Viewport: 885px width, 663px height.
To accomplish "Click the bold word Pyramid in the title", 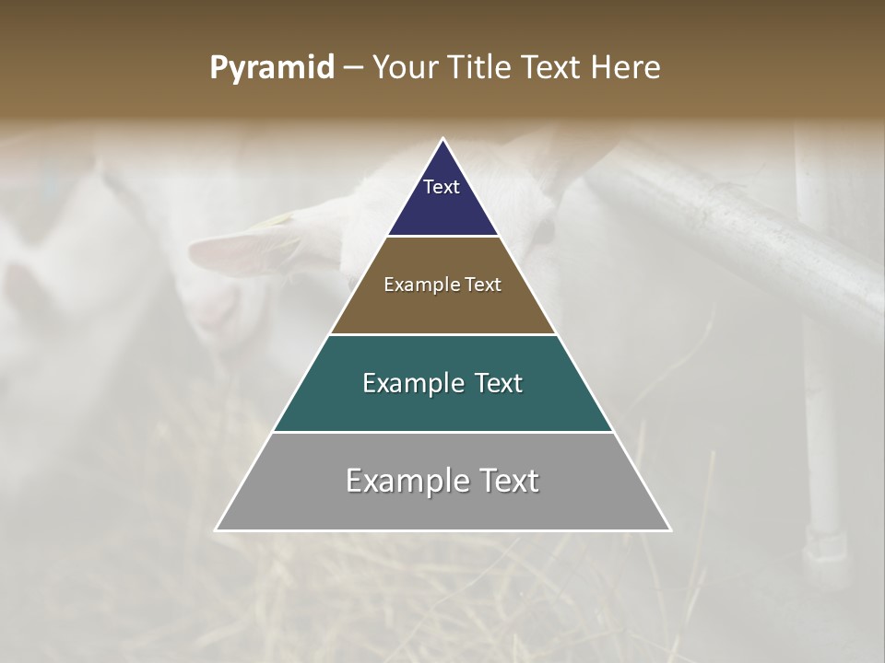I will tap(272, 68).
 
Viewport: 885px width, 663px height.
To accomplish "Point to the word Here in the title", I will tap(627, 68).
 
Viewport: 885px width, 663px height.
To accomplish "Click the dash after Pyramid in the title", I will tap(353, 68).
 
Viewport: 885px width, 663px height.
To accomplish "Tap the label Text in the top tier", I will tap(442, 187).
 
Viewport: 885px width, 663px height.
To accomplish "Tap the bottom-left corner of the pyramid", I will tap(217, 529).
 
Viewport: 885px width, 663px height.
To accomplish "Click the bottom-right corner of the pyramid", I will tap(670, 529).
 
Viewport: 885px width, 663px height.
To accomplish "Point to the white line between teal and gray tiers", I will tap(442, 432).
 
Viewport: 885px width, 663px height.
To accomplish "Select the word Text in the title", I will tap(552, 68).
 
